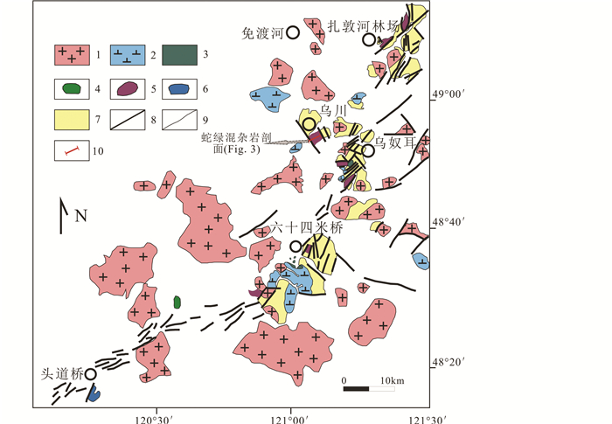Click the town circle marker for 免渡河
(293, 32)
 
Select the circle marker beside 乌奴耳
(368, 150)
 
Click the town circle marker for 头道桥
(90, 373)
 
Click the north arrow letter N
(81, 216)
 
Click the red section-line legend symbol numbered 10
(73, 150)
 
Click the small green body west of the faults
(177, 302)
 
